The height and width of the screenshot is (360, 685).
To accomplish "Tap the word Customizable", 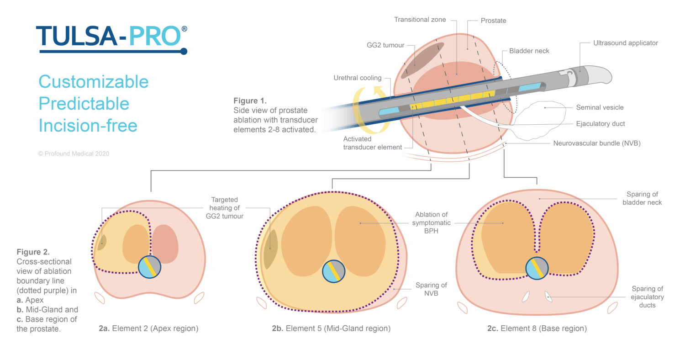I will (94, 82).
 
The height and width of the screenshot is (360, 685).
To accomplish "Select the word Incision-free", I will (88, 125).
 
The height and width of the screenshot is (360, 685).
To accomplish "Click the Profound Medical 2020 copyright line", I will (74, 154).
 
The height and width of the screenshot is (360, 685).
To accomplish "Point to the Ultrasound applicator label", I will (625, 43).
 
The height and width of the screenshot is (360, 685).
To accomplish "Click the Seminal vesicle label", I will (600, 107).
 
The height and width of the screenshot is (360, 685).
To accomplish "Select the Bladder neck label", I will (529, 51).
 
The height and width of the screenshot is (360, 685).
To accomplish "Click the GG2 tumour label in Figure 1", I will (386, 46).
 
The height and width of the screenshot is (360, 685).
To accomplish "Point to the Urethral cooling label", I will (357, 78).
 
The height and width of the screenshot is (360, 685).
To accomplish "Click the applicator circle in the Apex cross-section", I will (150, 267).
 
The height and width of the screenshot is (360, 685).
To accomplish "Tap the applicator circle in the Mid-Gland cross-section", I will (334, 271).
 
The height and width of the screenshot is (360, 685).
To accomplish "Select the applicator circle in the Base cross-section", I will (537, 268).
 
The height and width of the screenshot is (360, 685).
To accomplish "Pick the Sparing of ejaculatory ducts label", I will (648, 296).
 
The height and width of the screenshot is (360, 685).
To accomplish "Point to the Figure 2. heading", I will (33, 252).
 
